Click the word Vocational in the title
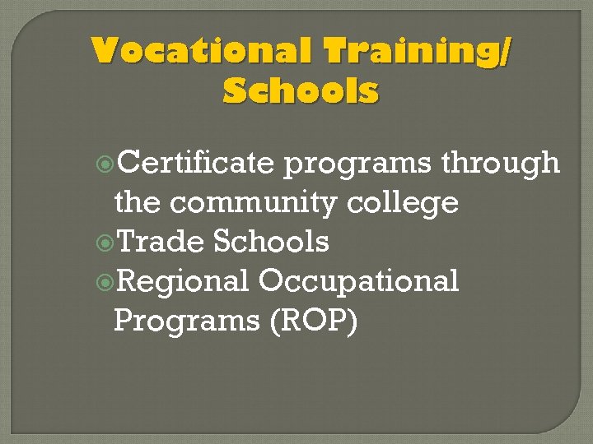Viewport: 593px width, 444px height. pos(201,51)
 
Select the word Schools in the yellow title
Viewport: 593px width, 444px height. pos(301,90)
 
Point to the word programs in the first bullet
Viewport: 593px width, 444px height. pos(359,164)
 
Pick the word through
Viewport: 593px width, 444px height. pos(500,163)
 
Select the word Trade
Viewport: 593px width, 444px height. pos(161,241)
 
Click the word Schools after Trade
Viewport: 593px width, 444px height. pos(271,241)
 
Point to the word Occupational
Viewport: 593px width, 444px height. pos(359,282)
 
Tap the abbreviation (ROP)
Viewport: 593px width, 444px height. pos(313,321)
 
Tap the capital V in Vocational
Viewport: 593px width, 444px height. pos(103,51)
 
